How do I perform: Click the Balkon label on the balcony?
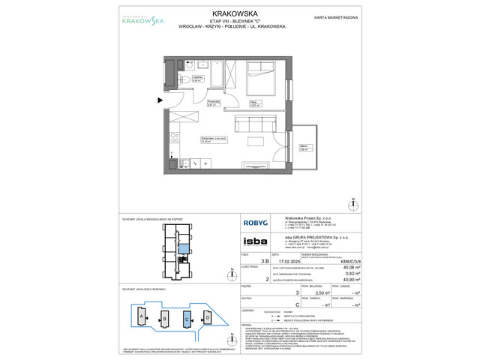(x=304, y=148)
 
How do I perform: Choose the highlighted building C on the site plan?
(x=187, y=318)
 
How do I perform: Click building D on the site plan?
(x=208, y=318)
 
